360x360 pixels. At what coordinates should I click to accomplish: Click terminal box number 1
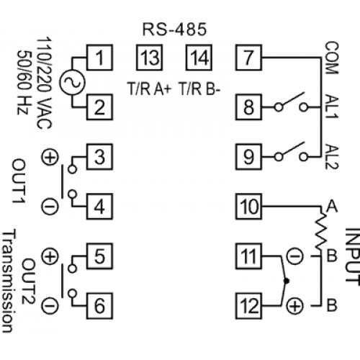(x=99, y=58)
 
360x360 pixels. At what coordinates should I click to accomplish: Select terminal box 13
(x=149, y=58)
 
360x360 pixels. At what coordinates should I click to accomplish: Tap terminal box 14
(x=199, y=58)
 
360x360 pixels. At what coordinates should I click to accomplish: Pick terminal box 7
(x=248, y=58)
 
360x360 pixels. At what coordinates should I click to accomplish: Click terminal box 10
(x=248, y=207)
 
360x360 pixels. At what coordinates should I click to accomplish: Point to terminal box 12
(x=248, y=306)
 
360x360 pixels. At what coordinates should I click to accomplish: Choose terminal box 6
(x=99, y=306)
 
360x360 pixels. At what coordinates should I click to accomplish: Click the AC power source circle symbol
(x=72, y=82)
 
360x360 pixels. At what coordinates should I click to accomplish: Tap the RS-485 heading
(x=174, y=30)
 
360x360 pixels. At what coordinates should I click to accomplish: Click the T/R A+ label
(x=150, y=89)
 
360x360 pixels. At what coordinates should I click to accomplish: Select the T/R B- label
(x=199, y=89)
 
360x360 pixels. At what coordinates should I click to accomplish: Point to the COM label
(x=331, y=58)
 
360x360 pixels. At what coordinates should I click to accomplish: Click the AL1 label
(x=331, y=107)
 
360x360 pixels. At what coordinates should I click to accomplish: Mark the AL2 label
(x=331, y=157)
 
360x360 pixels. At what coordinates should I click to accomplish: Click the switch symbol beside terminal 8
(x=291, y=103)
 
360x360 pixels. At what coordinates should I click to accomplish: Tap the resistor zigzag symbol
(x=320, y=231)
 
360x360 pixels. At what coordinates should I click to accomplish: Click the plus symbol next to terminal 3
(x=50, y=158)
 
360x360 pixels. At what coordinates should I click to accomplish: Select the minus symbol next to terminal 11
(x=295, y=256)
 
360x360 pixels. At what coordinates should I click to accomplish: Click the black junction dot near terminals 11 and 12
(x=286, y=281)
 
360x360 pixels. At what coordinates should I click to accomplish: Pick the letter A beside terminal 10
(x=332, y=207)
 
